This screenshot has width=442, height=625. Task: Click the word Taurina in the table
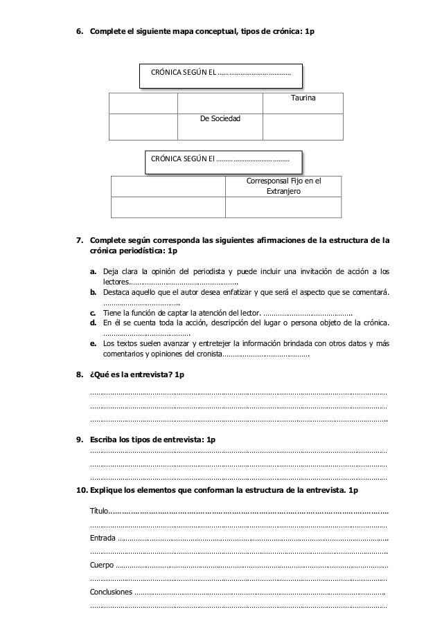302,100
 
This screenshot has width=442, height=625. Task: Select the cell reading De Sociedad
220,120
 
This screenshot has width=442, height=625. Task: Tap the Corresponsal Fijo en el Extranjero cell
284,184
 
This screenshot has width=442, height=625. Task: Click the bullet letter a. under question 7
92,271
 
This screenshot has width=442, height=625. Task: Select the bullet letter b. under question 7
92,293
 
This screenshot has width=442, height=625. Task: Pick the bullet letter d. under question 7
92,323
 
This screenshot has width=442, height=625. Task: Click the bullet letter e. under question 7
92,344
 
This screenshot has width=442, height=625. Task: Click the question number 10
80,490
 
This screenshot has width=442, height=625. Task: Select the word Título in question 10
99,511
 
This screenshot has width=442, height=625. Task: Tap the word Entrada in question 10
103,538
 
